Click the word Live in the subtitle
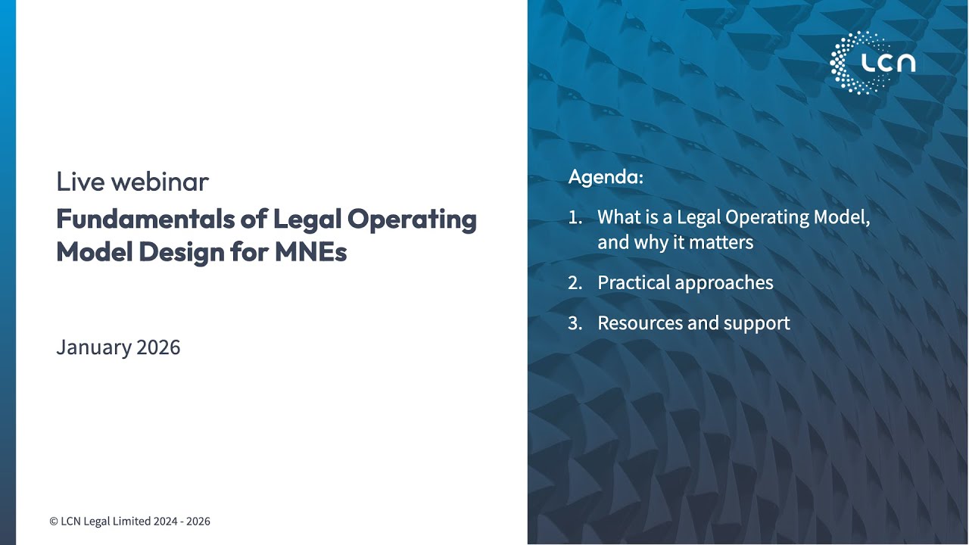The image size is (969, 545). [x=77, y=182]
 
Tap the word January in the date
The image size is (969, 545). [x=93, y=347]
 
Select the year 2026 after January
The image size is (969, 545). [x=158, y=347]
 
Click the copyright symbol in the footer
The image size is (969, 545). [x=54, y=522]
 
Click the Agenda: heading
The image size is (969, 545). [x=606, y=178]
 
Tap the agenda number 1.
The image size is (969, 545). [x=574, y=218]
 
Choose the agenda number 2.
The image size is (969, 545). [x=575, y=283]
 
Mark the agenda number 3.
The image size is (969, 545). [x=575, y=323]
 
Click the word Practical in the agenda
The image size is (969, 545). [x=633, y=283]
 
